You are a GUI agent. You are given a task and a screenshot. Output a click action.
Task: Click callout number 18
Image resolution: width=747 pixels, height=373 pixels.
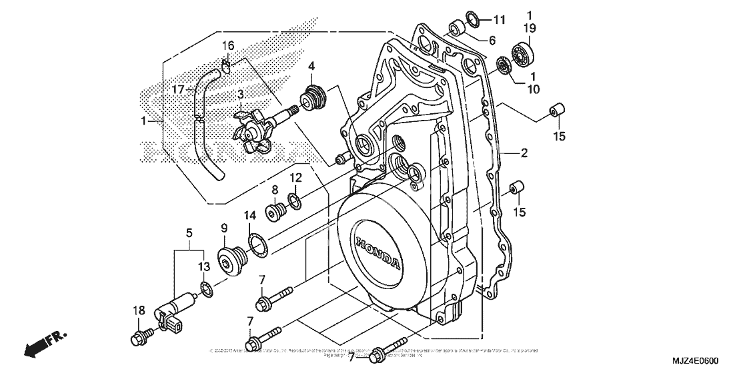pyautogui.click(x=138, y=310)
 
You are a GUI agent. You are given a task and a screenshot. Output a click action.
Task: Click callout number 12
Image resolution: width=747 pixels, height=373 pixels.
pyautogui.click(x=295, y=178)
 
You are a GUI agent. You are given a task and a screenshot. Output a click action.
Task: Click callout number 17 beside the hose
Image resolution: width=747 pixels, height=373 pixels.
pyautogui.click(x=177, y=89)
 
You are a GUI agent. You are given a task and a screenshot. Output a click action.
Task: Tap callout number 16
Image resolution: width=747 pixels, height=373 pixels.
pyautogui.click(x=228, y=45)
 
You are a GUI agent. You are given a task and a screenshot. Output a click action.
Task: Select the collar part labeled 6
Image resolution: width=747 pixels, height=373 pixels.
pyautogui.click(x=457, y=29)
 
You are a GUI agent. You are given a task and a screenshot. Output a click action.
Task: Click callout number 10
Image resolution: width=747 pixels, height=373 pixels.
pyautogui.click(x=532, y=88)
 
